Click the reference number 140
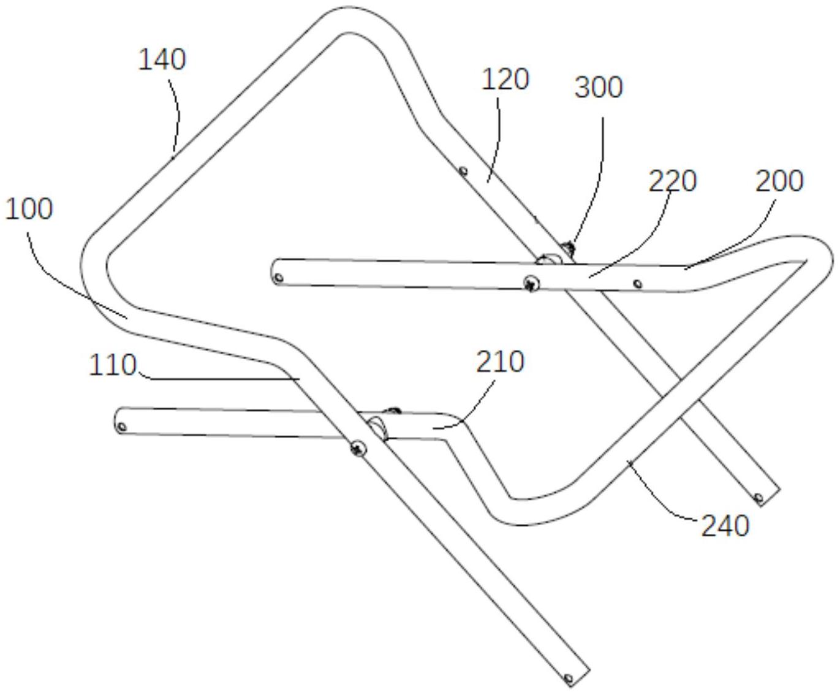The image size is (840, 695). [x=162, y=59]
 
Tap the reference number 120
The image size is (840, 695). [x=505, y=79]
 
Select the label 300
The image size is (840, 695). [x=599, y=87]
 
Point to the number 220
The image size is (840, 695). [x=672, y=181]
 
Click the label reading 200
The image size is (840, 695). [x=779, y=181]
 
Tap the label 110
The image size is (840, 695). [x=113, y=365]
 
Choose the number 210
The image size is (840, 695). [x=500, y=362]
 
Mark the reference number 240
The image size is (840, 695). [x=725, y=526]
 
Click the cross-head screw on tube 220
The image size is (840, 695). [x=531, y=284]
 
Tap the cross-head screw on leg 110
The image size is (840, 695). [x=358, y=447]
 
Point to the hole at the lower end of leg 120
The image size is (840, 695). [x=759, y=498]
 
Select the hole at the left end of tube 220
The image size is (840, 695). [x=279, y=277]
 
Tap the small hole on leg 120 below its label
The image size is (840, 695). [x=463, y=172]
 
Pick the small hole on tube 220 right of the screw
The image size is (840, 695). [x=637, y=284]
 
